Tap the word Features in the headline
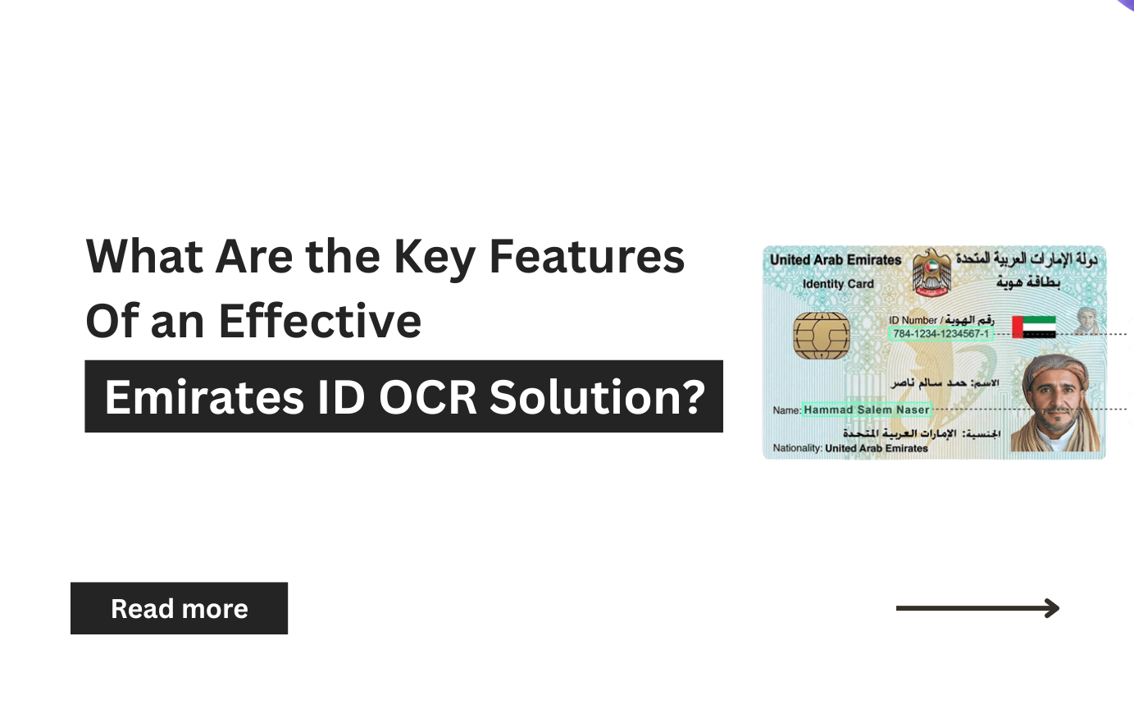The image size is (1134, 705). click(x=586, y=256)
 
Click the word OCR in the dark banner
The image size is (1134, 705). click(x=426, y=397)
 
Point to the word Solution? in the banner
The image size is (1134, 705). click(x=598, y=397)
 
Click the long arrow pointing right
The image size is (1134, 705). click(x=977, y=608)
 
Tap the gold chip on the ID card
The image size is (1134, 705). click(x=822, y=333)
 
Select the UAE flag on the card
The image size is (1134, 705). click(x=1034, y=327)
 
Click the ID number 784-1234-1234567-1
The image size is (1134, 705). click(x=940, y=334)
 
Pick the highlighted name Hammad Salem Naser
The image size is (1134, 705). click(x=867, y=409)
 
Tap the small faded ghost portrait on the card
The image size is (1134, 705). click(x=1087, y=321)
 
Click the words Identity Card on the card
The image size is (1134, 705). click(x=838, y=284)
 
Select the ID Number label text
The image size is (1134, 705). click(x=912, y=320)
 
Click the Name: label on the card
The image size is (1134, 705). click(x=787, y=410)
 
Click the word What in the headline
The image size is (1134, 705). click(x=144, y=256)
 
